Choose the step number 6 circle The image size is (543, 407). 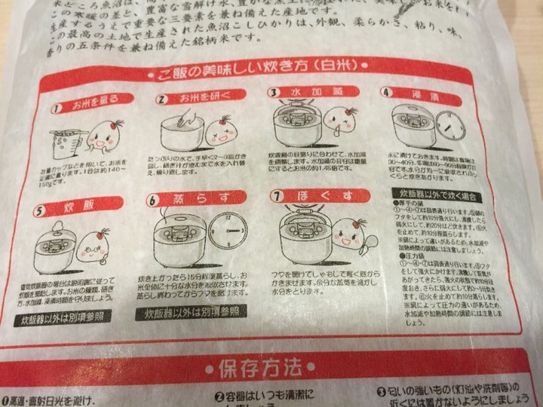(x=154, y=201)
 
